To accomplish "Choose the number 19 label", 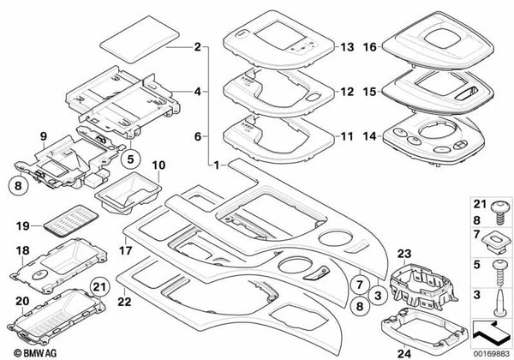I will pos(24,225).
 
